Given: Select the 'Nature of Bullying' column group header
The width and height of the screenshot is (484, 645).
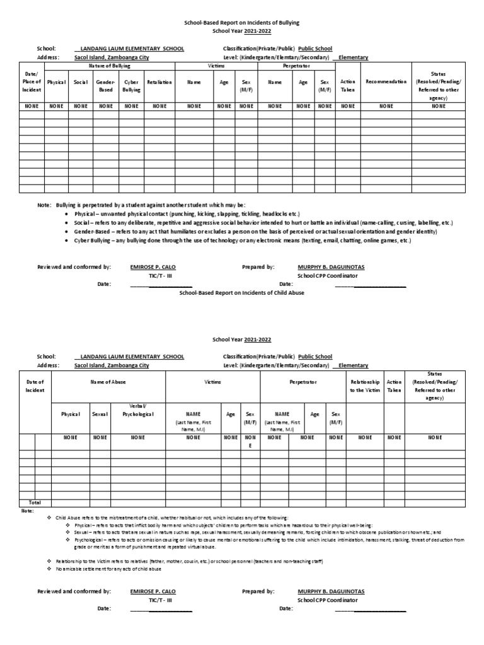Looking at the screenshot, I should tap(109, 66).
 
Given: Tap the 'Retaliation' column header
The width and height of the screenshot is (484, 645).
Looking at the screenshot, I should tap(159, 82).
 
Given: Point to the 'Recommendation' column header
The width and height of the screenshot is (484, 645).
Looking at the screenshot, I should tap(386, 82).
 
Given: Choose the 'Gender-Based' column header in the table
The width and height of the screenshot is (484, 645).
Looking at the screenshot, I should tap(105, 86).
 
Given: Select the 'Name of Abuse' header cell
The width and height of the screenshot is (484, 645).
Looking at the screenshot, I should tap(108, 382).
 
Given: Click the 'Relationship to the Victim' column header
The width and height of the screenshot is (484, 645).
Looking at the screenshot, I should tap(365, 386).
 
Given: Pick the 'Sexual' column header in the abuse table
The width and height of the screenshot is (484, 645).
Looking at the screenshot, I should tap(100, 414).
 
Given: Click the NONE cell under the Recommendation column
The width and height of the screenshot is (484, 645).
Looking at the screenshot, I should tap(386, 106).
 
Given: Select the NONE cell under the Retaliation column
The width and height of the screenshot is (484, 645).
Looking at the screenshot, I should tap(159, 106).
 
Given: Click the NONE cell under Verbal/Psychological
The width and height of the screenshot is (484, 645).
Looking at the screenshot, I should tap(138, 437).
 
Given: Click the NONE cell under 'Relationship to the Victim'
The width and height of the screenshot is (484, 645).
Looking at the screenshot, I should tap(365, 437).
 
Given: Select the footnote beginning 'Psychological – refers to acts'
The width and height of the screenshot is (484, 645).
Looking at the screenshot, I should tap(265, 542).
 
